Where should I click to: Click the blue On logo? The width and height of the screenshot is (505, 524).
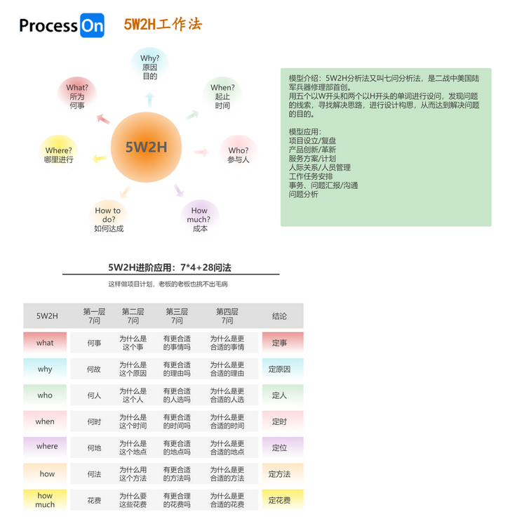(92, 25)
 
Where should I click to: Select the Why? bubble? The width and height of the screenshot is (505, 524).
(149, 67)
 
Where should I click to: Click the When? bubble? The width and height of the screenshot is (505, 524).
(222, 96)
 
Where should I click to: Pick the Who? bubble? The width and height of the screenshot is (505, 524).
(238, 155)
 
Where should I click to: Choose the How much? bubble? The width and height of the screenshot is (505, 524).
(199, 218)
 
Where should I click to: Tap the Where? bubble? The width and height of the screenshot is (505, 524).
(58, 155)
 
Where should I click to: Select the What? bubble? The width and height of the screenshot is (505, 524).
(76, 96)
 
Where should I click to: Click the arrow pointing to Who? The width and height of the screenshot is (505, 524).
(201, 152)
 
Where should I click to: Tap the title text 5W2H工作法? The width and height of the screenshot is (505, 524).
(163, 25)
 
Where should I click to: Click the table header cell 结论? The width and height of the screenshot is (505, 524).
(279, 316)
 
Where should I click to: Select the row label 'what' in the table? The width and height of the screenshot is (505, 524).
(45, 343)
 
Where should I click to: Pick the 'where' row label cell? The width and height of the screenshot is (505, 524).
(47, 446)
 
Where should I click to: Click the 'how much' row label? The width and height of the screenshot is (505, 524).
(45, 499)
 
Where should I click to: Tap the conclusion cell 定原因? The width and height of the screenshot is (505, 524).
(279, 369)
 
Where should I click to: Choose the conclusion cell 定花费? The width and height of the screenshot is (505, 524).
(279, 500)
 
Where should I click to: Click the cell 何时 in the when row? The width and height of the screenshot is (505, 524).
(94, 421)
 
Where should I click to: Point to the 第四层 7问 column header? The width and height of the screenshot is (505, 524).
(227, 316)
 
